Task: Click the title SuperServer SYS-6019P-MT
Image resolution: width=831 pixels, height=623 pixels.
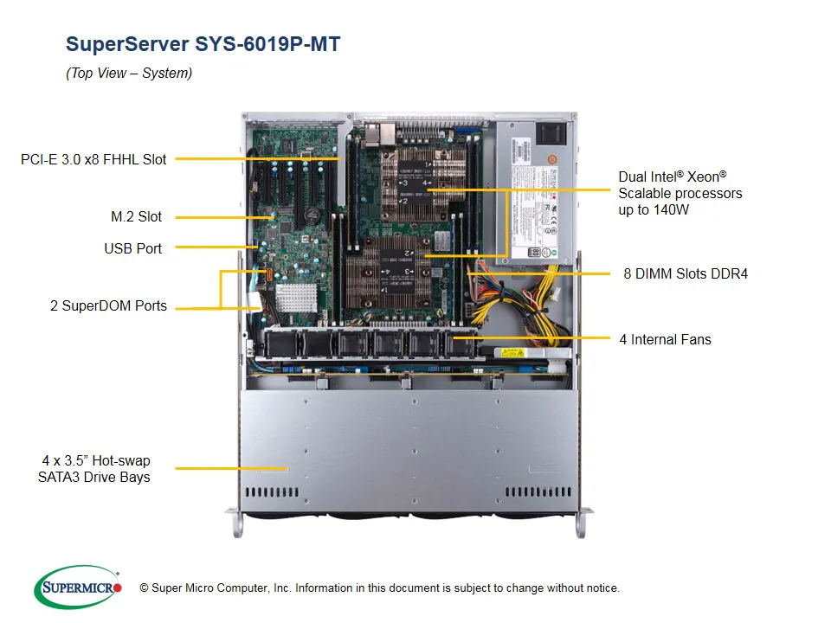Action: point(203,44)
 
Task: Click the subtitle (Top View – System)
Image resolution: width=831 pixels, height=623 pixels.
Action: point(129,74)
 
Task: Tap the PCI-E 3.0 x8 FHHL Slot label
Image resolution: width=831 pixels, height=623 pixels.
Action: point(93,159)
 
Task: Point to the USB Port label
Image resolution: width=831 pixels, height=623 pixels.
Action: point(132,248)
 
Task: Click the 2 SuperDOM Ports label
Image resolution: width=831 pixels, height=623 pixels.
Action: point(108,306)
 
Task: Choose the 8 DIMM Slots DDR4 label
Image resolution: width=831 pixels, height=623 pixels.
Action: point(685,273)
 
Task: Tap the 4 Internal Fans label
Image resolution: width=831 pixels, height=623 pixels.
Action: point(665,339)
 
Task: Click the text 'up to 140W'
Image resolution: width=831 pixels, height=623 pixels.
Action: point(654,210)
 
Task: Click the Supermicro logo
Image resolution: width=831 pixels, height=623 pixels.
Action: point(78,588)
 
